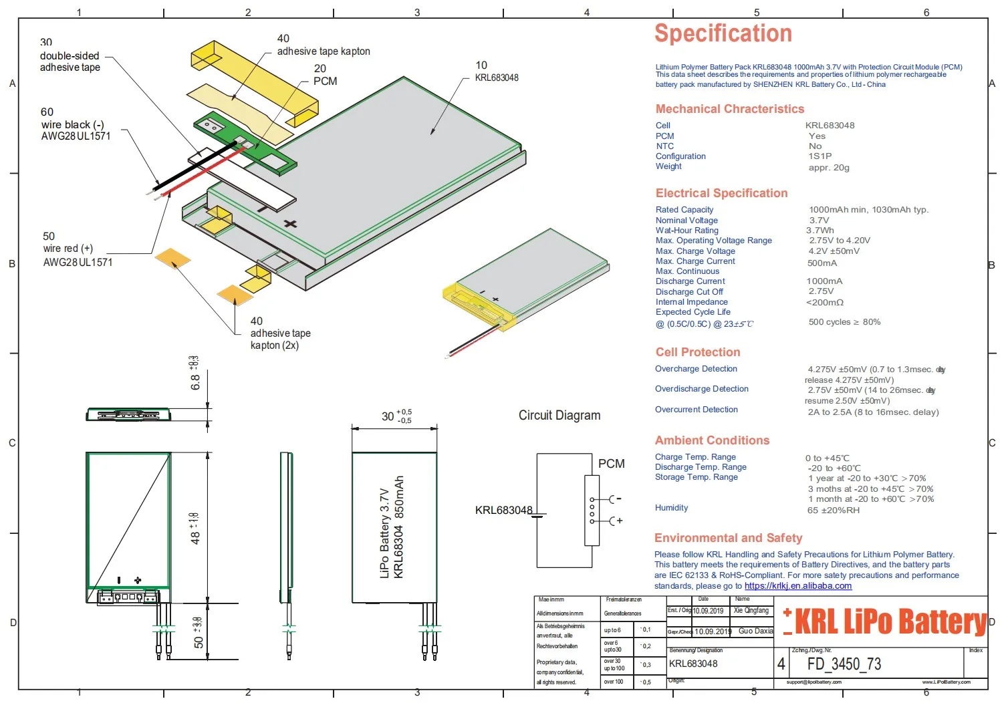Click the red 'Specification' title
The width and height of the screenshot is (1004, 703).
(x=723, y=33)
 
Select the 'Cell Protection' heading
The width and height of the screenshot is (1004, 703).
(x=697, y=352)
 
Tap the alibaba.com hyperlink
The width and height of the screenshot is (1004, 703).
(x=797, y=586)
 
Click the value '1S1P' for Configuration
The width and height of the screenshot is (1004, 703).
(x=820, y=156)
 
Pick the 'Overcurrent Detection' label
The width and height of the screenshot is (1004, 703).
(x=696, y=410)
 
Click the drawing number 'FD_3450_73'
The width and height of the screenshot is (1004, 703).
(x=844, y=664)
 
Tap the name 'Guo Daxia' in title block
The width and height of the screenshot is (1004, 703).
(x=755, y=631)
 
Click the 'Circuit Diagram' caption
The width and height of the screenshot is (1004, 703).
(x=559, y=415)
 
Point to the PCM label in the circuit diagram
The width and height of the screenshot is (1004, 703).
(x=611, y=464)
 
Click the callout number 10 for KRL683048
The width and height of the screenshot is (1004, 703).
(x=481, y=65)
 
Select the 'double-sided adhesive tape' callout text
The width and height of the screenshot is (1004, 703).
(x=70, y=61)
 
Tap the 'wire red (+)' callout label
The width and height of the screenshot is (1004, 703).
(x=68, y=249)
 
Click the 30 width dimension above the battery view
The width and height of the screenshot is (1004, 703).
(x=388, y=416)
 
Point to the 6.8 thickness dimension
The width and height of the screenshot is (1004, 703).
(x=195, y=382)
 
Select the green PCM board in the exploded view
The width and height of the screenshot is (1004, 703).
(x=244, y=144)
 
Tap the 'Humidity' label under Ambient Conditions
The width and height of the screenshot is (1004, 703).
(x=671, y=508)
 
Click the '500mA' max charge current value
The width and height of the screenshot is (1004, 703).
(x=822, y=263)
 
